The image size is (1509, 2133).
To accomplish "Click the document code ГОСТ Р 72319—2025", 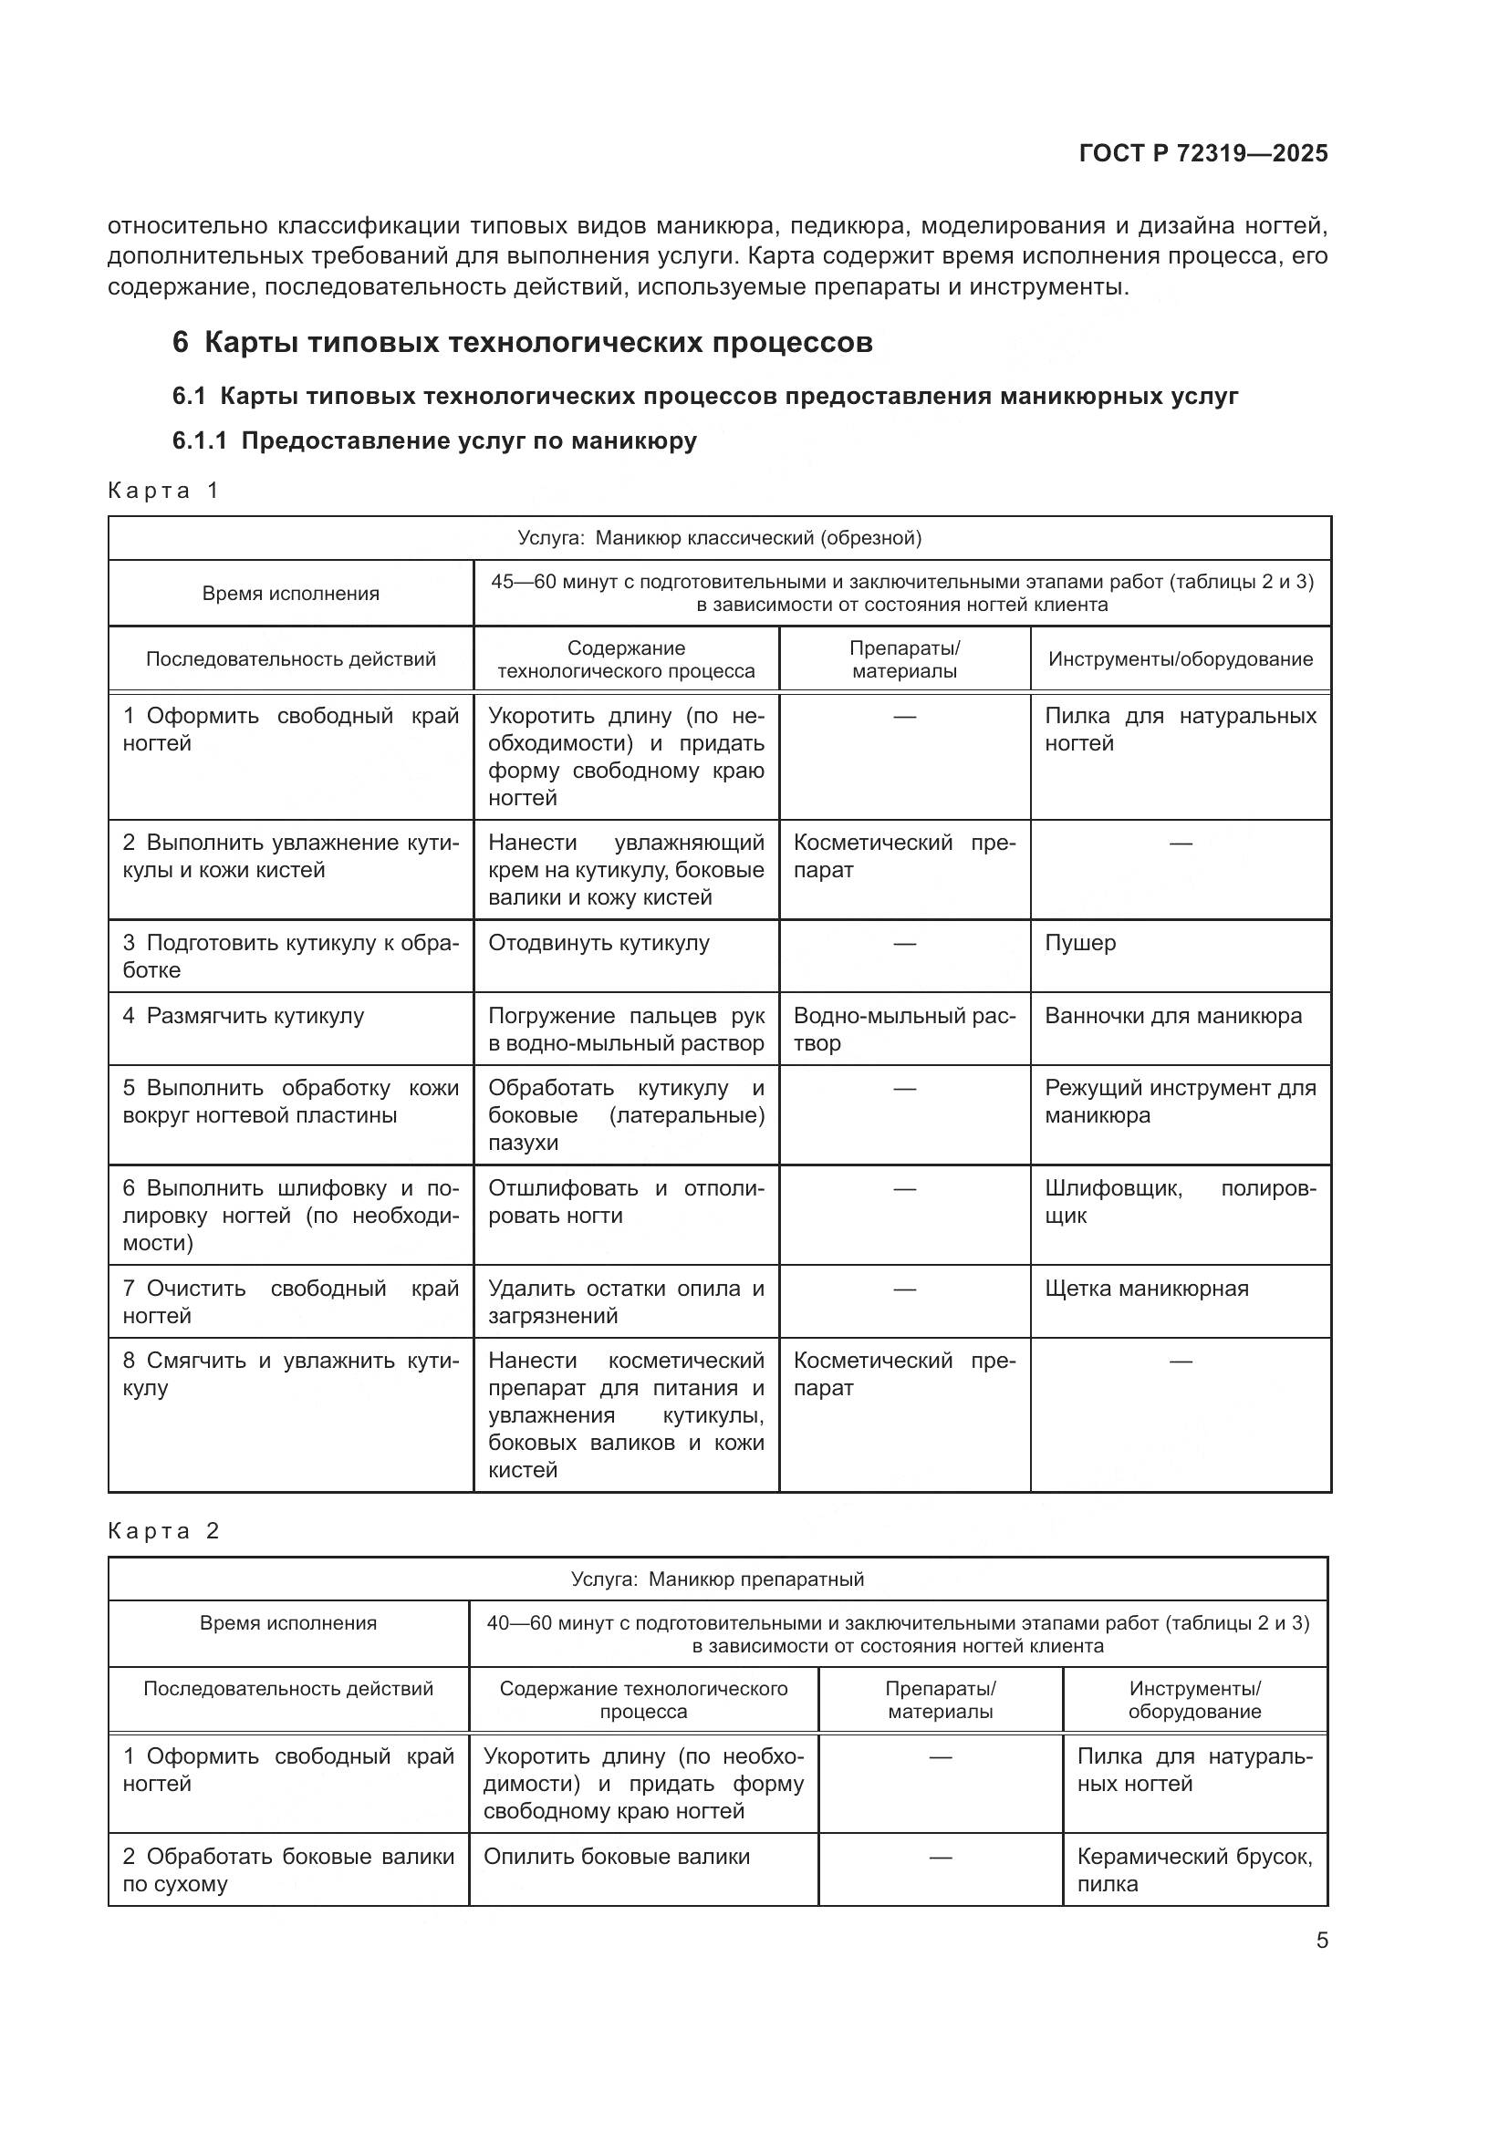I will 1202,153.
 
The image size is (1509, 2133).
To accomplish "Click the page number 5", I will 1321,1940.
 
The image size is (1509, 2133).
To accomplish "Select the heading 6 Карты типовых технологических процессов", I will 522,343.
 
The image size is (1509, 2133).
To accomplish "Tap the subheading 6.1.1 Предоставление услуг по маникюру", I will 434,440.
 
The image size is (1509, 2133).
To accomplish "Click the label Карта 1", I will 163,491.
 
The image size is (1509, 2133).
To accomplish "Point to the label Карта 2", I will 163,1531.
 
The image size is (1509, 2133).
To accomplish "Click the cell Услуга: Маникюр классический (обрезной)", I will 719,538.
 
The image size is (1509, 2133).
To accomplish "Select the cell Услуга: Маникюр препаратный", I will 717,1579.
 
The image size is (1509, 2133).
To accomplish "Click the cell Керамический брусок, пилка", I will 1194,1870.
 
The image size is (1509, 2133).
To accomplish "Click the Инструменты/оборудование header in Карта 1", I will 1180,658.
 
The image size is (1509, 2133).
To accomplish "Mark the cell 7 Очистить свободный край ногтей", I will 290,1301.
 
